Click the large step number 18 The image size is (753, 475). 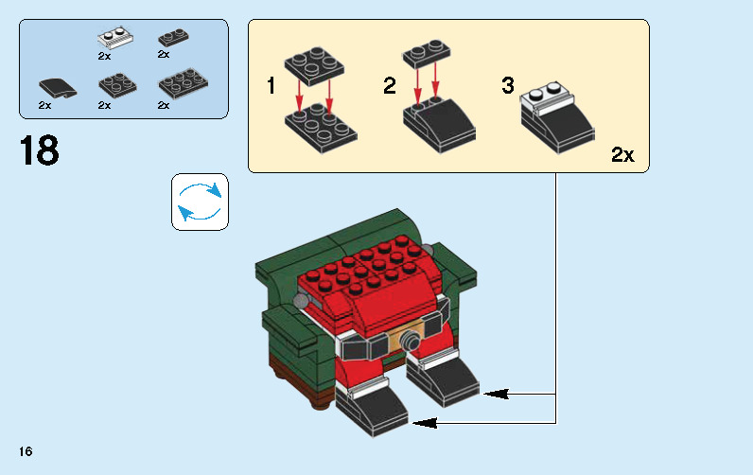tap(39, 151)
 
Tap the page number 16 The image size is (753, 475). tap(24, 452)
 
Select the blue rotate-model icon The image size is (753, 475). tap(200, 201)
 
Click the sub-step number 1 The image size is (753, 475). tap(271, 87)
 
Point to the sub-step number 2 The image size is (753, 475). tap(389, 87)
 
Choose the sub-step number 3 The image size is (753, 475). tap(507, 87)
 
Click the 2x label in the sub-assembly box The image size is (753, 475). tap(622, 155)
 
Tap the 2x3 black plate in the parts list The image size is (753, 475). tap(183, 83)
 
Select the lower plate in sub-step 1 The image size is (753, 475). tap(320, 128)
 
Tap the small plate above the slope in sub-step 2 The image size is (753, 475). tap(425, 53)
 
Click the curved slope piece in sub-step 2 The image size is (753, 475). tap(438, 119)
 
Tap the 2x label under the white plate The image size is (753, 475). tap(104, 56)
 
